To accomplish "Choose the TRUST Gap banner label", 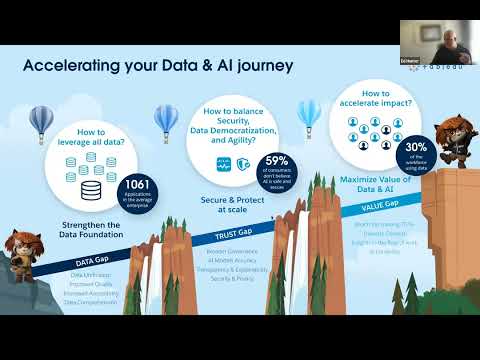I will coord(230,229).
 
